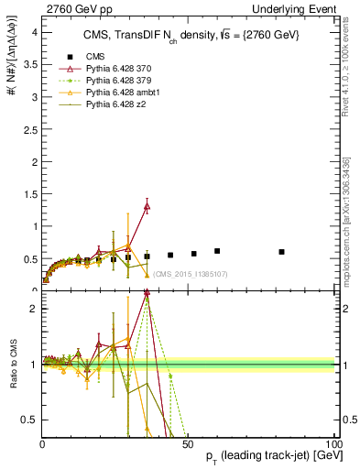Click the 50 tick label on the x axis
pyautogui.click(x=188, y=443)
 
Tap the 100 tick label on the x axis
pyautogui.click(x=332, y=443)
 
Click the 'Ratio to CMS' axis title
pyautogui.click(x=12, y=364)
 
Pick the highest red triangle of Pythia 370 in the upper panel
pyautogui.click(x=147, y=207)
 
